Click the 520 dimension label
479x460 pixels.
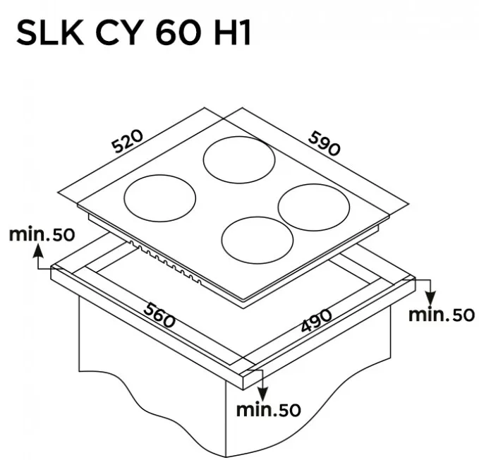(127, 141)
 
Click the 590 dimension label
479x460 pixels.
(324, 143)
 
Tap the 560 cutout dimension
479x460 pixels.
(159, 315)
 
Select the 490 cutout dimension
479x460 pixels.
(316, 320)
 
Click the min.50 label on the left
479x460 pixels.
(42, 234)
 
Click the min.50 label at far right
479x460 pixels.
(442, 315)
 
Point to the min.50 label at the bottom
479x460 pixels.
(269, 410)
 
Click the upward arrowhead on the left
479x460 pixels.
(38, 250)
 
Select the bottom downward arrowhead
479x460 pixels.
(262, 394)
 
